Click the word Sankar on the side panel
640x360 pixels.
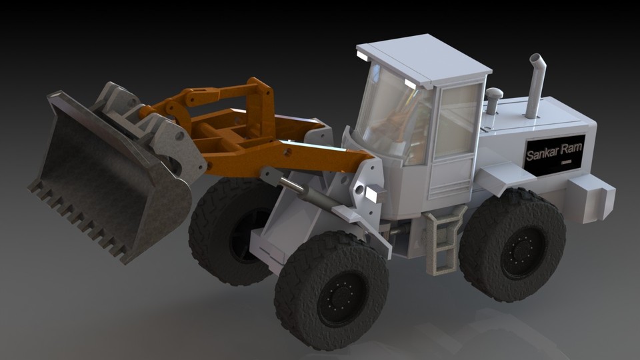click(544, 155)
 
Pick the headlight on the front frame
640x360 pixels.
click(375, 194)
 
